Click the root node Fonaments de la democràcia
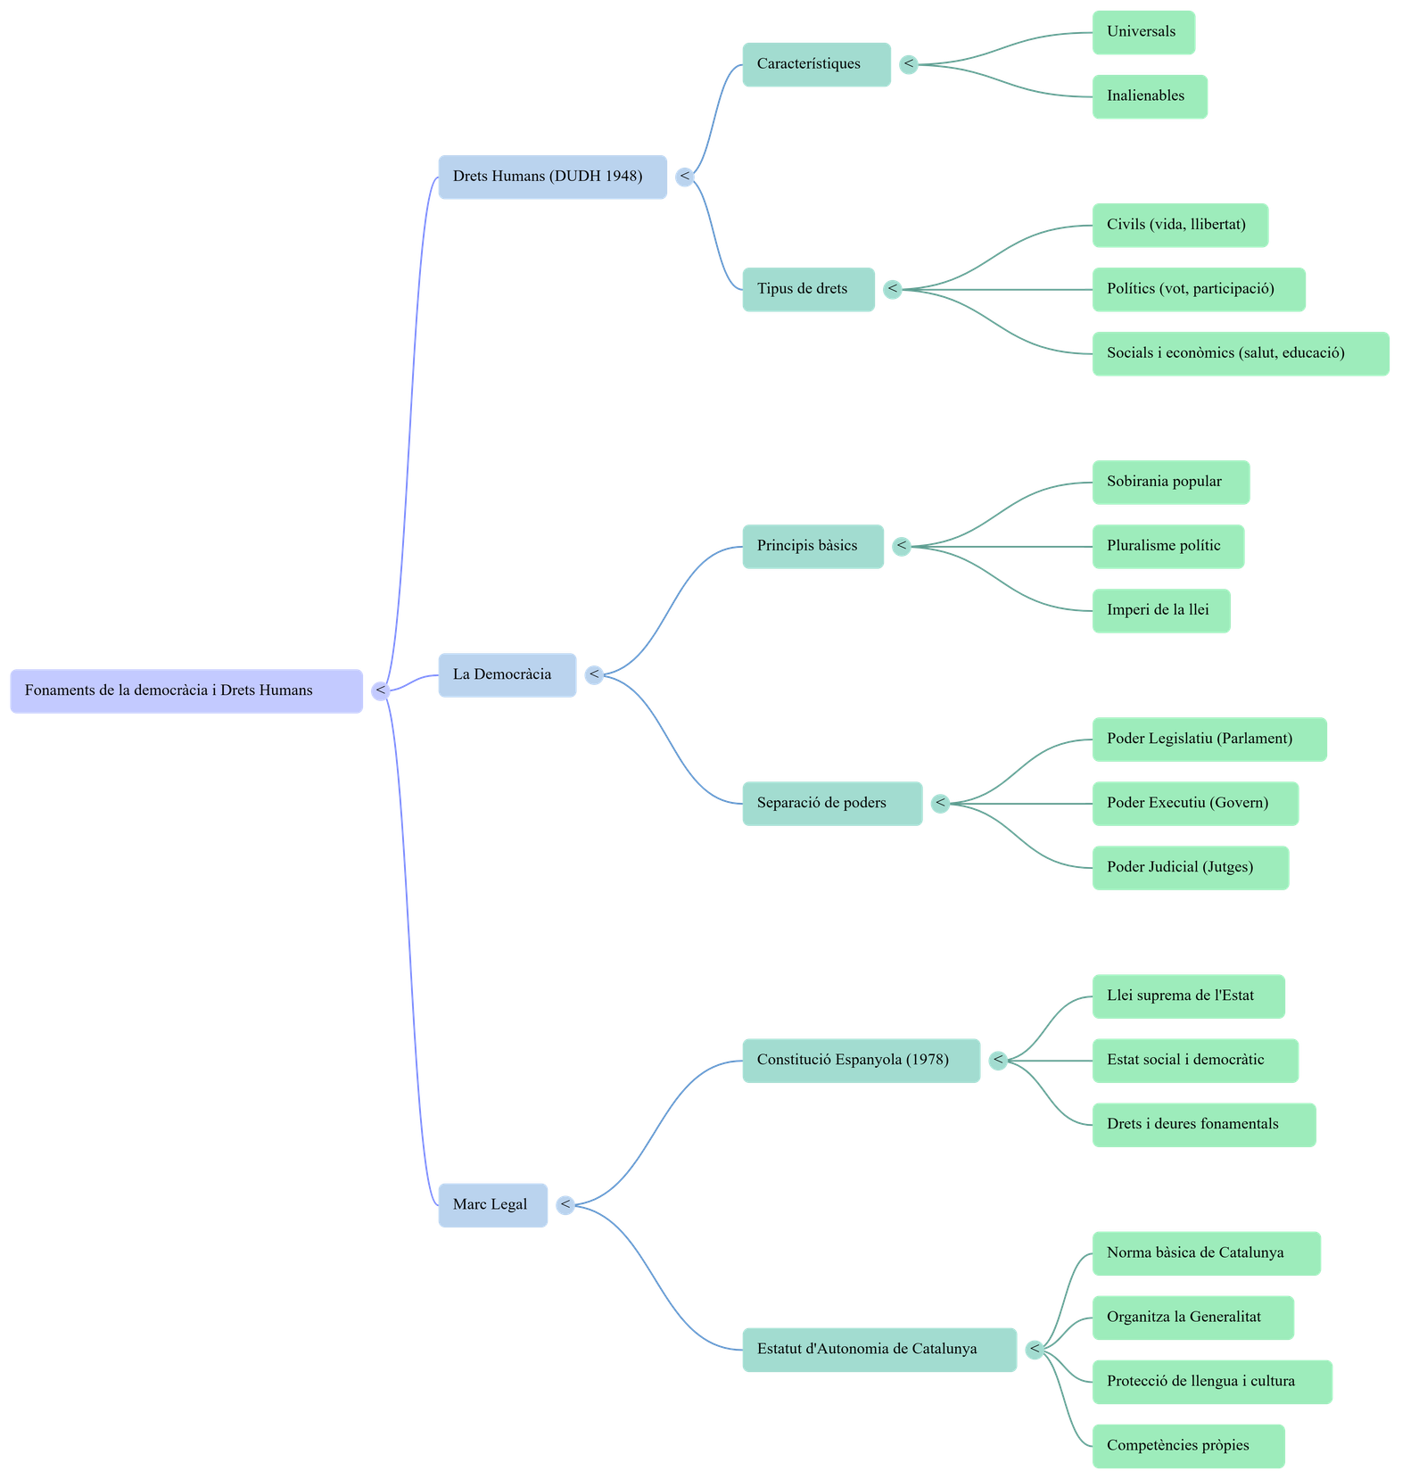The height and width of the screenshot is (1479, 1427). (186, 690)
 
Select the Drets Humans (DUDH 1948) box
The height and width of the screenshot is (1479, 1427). (552, 177)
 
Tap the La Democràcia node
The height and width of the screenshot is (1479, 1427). (507, 675)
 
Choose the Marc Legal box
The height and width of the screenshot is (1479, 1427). (492, 1205)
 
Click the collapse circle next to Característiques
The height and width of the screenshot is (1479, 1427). (908, 64)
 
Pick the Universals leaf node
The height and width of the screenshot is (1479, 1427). (1142, 32)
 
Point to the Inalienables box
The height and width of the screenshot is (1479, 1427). (1149, 96)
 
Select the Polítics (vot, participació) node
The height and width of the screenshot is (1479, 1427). (1198, 289)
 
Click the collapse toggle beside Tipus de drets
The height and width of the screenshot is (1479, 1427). (892, 289)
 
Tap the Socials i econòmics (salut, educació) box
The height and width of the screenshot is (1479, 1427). (1240, 353)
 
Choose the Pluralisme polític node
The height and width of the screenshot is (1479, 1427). (1167, 546)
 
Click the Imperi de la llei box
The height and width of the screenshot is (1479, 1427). (1160, 610)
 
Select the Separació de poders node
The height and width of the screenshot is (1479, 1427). (831, 803)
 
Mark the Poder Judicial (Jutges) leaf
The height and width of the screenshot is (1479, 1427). (1190, 867)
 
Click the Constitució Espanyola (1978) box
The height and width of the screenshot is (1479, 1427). (861, 1060)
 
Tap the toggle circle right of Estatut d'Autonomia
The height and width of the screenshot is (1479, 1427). (1034, 1350)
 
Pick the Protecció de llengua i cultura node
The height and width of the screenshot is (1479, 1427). (1211, 1381)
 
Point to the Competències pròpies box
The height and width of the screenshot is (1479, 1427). (1188, 1445)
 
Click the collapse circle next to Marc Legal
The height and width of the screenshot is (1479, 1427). (565, 1205)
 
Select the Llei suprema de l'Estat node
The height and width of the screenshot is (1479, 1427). (1188, 996)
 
